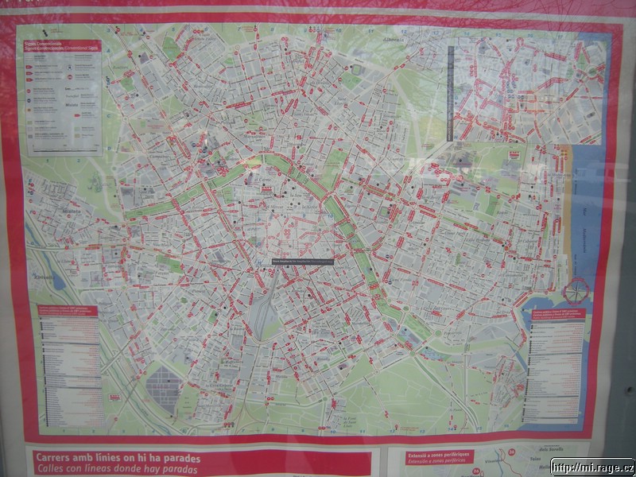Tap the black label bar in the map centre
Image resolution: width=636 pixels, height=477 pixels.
click(x=303, y=260)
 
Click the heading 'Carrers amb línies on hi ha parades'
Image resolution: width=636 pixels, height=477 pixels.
click(x=117, y=459)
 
